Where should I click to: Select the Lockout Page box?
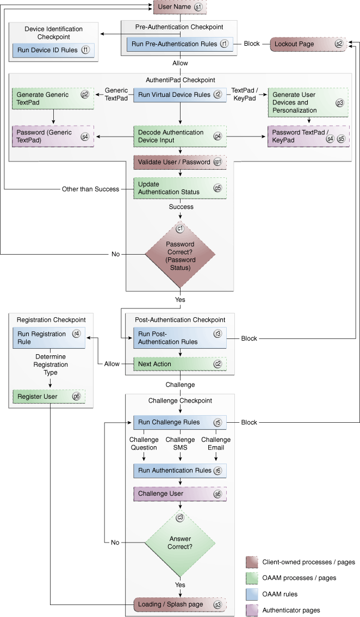[309, 44]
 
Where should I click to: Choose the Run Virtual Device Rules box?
[179, 95]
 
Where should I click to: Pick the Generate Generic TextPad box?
[52, 98]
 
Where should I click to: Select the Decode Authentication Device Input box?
[179, 136]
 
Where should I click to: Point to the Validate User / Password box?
[179, 162]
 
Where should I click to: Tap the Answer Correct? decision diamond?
[180, 543]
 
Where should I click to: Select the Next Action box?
[179, 364]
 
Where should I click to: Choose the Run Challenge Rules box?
[179, 422]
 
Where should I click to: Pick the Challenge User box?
[179, 493]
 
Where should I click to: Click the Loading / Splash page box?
[179, 604]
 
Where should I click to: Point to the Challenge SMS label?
[180, 443]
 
